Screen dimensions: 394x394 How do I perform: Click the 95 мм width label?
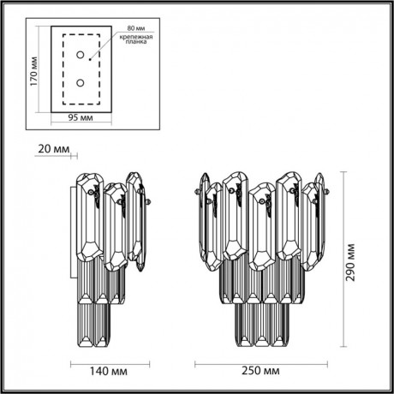(x=81, y=118)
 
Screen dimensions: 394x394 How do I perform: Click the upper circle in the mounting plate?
(x=80, y=56)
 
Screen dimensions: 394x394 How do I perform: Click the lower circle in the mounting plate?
(x=80, y=83)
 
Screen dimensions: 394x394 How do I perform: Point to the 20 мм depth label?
(x=54, y=149)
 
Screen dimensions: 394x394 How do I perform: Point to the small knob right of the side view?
(x=150, y=204)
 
